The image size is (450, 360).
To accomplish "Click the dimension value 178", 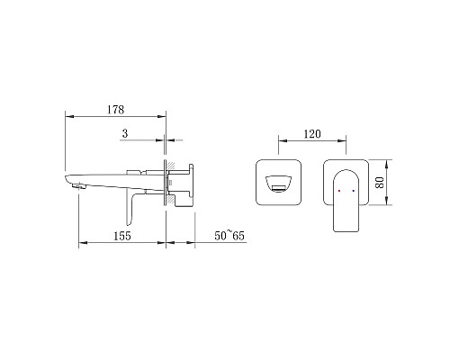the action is [116, 110].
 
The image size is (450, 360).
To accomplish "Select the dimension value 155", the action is [122, 236].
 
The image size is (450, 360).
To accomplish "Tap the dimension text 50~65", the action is [229, 236].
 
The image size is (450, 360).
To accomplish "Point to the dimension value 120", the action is [312, 134].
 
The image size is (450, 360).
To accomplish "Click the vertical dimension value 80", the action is [380, 183].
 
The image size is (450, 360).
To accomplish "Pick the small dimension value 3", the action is [125, 133].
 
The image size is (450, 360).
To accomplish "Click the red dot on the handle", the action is [339, 191].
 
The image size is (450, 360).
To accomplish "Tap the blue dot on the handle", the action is [354, 191].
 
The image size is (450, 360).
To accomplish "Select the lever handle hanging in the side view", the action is [130, 207].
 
